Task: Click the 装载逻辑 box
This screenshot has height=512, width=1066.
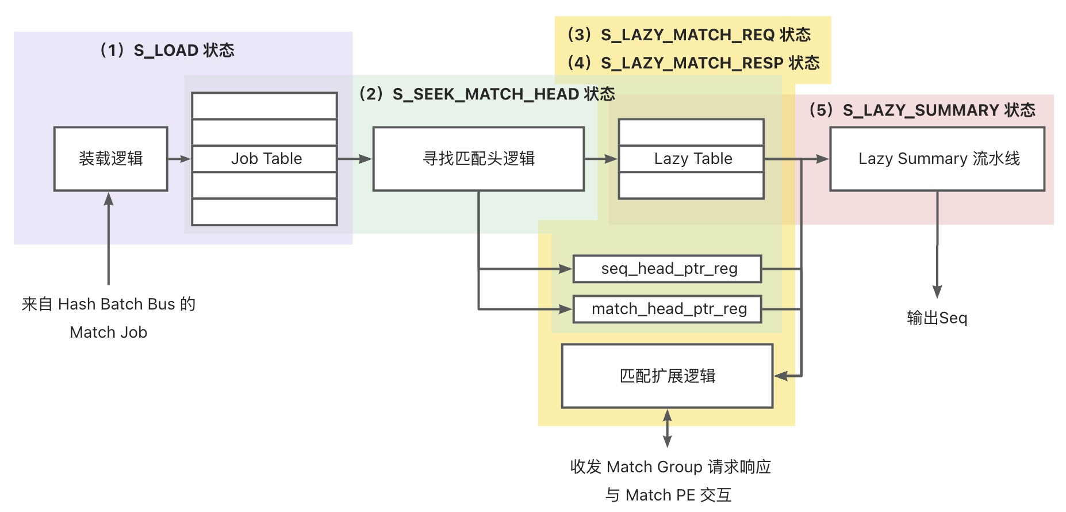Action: pyautogui.click(x=110, y=159)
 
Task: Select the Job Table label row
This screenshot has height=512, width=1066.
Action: pyautogui.click(x=264, y=159)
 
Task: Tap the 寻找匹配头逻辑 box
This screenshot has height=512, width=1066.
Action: pyautogui.click(x=478, y=159)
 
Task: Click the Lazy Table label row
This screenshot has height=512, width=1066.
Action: pyautogui.click(x=691, y=159)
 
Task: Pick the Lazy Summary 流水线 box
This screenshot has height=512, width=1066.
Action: pyautogui.click(x=937, y=159)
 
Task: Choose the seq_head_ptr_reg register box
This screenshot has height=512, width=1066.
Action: pyautogui.click(x=668, y=269)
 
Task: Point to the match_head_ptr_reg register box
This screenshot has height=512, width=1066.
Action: pyautogui.click(x=668, y=310)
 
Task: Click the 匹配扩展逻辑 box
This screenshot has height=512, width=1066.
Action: pyautogui.click(x=668, y=376)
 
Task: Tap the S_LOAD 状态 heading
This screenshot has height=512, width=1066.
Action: pyautogui.click(x=167, y=51)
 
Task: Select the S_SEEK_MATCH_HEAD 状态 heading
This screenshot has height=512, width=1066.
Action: pyautogui.click(x=486, y=94)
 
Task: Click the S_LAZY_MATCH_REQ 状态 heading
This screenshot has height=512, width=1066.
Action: pyautogui.click(x=689, y=35)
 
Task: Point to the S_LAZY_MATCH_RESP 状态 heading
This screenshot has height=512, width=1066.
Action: pyautogui.click(x=693, y=63)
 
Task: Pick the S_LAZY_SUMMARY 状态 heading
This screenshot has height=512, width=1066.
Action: pyautogui.click(x=922, y=110)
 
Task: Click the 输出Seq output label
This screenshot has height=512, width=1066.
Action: pyautogui.click(x=937, y=318)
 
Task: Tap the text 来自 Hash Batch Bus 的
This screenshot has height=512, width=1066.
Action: pyautogui.click(x=109, y=304)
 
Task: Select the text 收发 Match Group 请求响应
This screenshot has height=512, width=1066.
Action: pyautogui.click(x=670, y=467)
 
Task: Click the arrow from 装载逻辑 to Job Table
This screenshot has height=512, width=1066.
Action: pyautogui.click(x=179, y=159)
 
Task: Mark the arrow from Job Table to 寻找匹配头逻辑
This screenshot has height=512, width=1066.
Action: pyautogui.click(x=355, y=159)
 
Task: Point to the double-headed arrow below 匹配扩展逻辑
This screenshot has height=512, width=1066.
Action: pyautogui.click(x=668, y=428)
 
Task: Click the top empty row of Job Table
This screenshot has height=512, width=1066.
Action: pyautogui.click(x=264, y=106)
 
